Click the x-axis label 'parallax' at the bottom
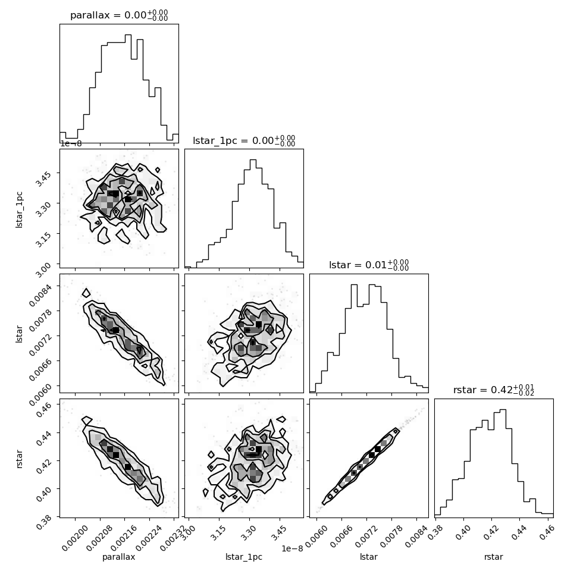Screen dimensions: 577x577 119,557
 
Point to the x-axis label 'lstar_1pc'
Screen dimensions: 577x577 244,557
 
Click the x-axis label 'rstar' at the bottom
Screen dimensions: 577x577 494,557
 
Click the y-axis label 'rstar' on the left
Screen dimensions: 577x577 19,458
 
